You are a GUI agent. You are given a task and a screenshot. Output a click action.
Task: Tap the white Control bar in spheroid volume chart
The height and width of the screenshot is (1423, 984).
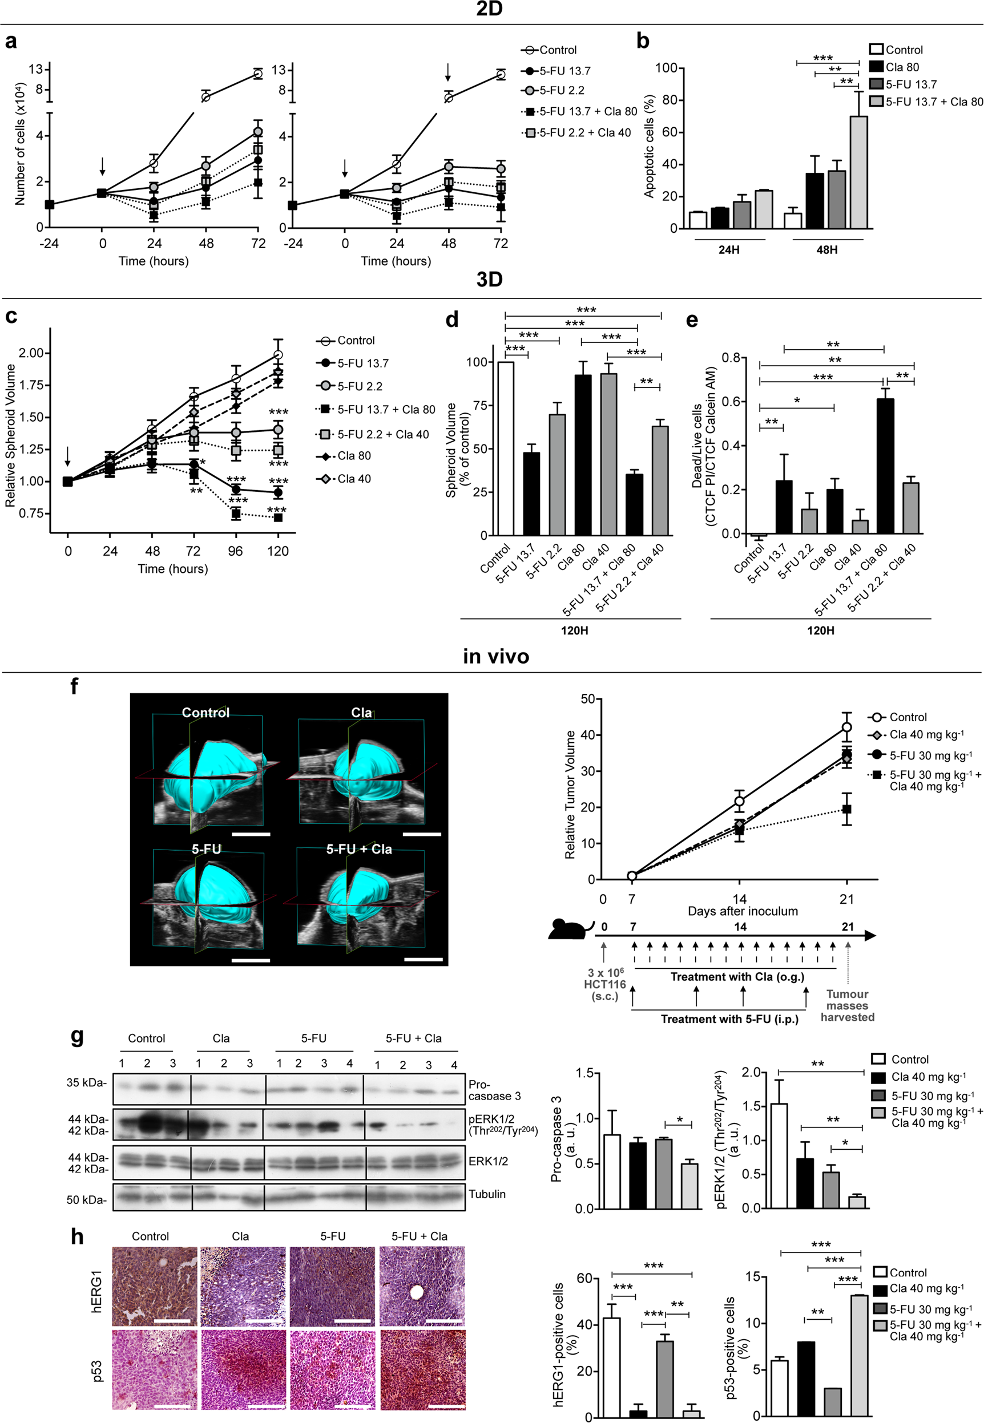tap(506, 448)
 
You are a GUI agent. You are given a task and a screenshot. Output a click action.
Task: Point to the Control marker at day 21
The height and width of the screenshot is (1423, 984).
tap(846, 727)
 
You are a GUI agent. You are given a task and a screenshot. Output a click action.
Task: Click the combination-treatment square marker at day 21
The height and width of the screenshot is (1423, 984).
tap(846, 808)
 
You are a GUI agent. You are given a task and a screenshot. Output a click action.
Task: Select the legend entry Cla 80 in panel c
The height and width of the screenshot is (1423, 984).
tap(354, 456)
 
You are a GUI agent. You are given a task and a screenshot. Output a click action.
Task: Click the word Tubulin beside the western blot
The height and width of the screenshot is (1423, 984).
tap(486, 1194)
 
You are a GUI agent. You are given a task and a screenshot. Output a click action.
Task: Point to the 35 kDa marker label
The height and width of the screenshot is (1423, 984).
tap(86, 1082)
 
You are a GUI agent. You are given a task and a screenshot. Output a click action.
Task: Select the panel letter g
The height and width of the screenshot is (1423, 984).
tap(77, 1037)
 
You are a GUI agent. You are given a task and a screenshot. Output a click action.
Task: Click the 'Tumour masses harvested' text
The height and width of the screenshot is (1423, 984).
tap(847, 1005)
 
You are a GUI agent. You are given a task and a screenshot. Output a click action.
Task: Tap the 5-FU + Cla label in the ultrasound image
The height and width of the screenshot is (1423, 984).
tap(359, 849)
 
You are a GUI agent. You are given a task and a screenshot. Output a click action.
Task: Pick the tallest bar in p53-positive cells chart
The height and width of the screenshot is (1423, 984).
tap(859, 1355)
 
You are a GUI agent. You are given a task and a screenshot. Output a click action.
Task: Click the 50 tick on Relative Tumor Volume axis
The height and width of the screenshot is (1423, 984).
tap(587, 699)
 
